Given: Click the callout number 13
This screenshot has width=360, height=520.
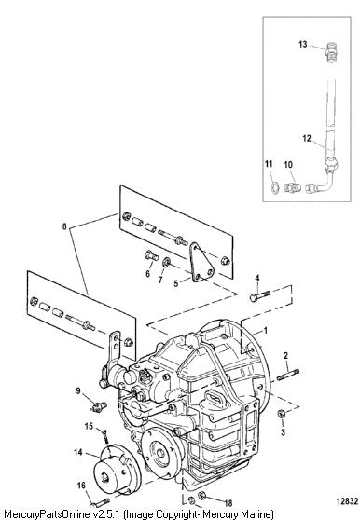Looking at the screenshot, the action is [x=302, y=44].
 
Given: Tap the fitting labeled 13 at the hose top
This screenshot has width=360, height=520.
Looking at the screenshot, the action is [x=331, y=53].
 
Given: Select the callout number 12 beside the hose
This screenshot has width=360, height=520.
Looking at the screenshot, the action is [x=307, y=138].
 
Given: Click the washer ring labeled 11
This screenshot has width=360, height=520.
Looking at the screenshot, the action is [x=275, y=187].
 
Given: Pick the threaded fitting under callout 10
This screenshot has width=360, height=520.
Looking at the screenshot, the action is [x=292, y=187].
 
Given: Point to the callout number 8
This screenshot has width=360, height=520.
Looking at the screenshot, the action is [x=64, y=226].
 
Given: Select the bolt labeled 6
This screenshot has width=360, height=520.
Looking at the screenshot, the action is [x=151, y=255].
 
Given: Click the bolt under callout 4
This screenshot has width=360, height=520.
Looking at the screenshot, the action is [x=260, y=295].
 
